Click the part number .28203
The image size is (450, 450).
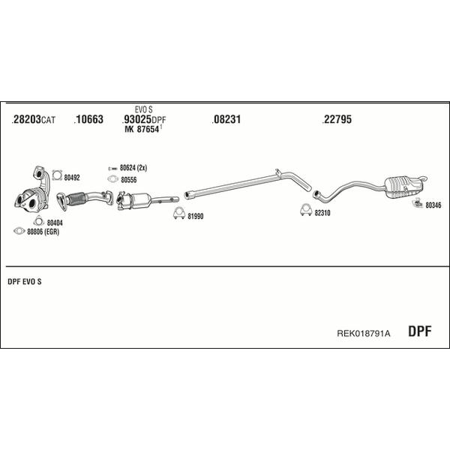click(26, 119)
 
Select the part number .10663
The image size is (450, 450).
click(88, 119)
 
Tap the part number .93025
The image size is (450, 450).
click(136, 119)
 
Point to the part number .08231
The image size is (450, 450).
click(226, 119)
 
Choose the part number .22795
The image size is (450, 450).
click(337, 119)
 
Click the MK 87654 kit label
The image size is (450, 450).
click(142, 129)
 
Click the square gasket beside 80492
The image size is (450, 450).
click(57, 175)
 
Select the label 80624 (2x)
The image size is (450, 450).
click(133, 167)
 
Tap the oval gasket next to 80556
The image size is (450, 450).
click(112, 179)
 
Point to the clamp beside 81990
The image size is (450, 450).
click(179, 213)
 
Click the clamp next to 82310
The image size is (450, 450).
click(306, 209)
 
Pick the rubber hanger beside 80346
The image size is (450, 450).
click(417, 203)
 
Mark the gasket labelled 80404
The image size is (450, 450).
click(38, 221)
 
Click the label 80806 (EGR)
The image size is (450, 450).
click(43, 232)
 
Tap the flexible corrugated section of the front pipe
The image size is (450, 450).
click(76, 199)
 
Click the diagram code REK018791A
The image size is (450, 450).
click(363, 333)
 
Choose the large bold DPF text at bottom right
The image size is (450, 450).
click(419, 331)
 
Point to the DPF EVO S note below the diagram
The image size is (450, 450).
click(25, 282)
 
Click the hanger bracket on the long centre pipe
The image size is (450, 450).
click(278, 174)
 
